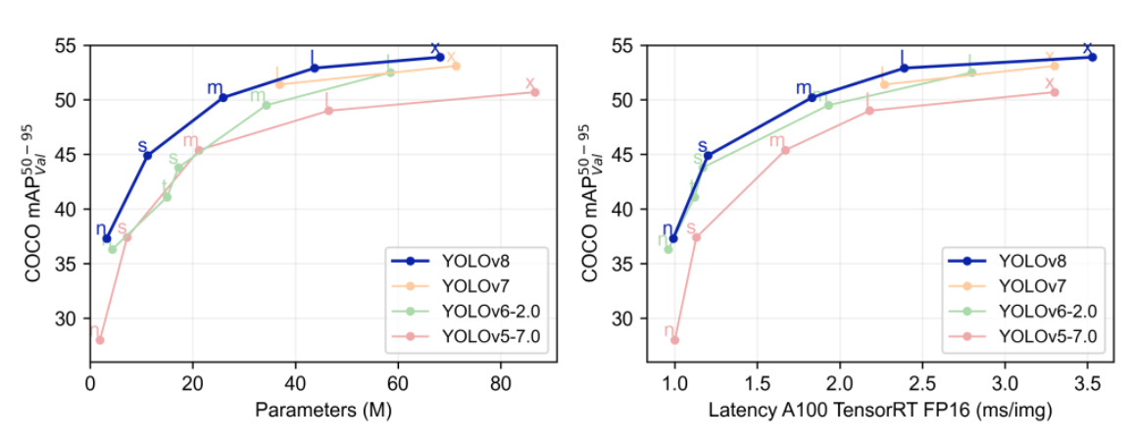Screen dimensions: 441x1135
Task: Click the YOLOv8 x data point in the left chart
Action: tap(440, 57)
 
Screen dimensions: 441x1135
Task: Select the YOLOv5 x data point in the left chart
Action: tap(535, 92)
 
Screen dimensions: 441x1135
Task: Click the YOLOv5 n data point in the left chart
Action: tap(100, 340)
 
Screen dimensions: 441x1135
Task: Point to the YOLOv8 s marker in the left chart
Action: tap(147, 156)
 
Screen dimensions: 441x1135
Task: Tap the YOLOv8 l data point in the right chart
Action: tap(904, 68)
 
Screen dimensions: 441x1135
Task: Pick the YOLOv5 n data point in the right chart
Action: tap(674, 340)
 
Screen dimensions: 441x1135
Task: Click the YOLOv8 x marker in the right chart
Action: tap(1092, 57)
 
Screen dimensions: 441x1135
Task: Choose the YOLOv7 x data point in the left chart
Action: tap(456, 66)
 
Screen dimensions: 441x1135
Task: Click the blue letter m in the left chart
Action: tap(215, 88)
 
